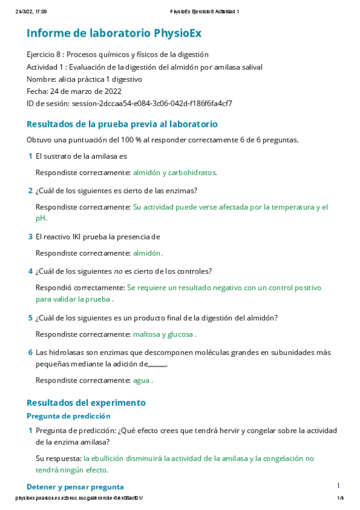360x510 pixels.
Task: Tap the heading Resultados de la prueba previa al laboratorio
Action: (122, 124)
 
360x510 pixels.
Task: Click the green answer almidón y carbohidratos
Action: (175, 172)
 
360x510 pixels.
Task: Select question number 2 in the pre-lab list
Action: (30, 191)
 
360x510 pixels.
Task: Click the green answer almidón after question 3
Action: (147, 253)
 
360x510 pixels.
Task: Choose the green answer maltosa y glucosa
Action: (164, 334)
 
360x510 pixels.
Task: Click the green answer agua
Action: (142, 380)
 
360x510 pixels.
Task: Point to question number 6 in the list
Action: (30, 352)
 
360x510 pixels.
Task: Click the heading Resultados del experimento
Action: (86, 402)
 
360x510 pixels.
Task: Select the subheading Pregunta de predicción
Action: (69, 416)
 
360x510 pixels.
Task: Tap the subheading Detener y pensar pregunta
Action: (75, 487)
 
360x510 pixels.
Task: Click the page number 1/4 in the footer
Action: (340, 498)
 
